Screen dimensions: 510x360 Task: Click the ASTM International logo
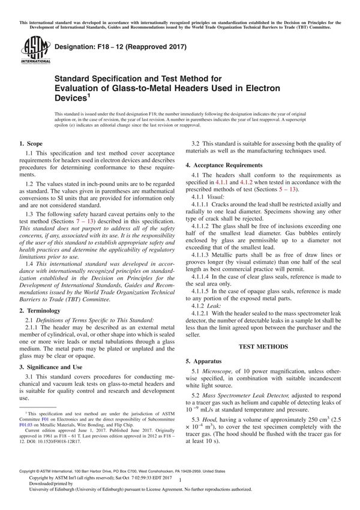pyautogui.click(x=31, y=49)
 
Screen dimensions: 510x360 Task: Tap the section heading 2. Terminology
pyautogui.click(x=40, y=310)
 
